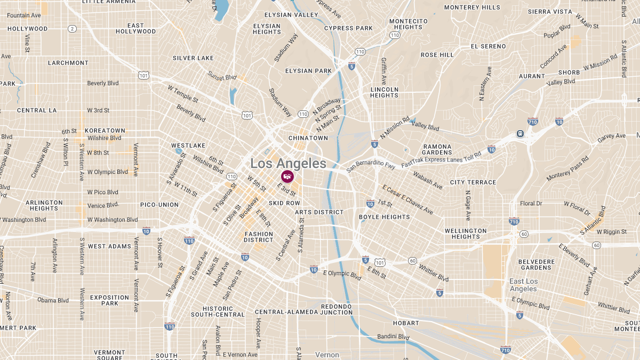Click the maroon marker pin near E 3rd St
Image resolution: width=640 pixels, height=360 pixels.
(287, 177)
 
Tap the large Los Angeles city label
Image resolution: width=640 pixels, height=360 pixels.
(288, 163)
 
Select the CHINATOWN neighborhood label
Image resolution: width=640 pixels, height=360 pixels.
(308, 138)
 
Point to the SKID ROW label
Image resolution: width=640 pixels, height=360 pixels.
(284, 203)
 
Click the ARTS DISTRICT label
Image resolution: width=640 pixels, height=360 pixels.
(319, 212)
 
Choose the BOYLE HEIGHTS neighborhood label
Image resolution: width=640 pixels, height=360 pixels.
(384, 217)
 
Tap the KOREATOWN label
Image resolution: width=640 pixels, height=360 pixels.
(105, 131)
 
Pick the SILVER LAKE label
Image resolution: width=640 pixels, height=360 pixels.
(193, 58)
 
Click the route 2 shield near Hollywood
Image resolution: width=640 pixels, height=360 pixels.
(72, 29)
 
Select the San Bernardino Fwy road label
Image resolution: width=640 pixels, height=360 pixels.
(371, 166)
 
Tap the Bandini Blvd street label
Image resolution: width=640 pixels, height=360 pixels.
(393, 337)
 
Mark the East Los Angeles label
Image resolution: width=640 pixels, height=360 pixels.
(523, 285)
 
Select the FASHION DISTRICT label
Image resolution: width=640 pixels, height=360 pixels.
(259, 237)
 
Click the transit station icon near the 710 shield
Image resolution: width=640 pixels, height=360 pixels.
(519, 134)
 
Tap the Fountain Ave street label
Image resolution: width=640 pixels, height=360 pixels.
(24, 15)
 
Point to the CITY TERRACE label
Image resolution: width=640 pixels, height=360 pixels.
(473, 182)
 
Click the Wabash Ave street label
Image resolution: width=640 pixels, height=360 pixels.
(427, 180)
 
